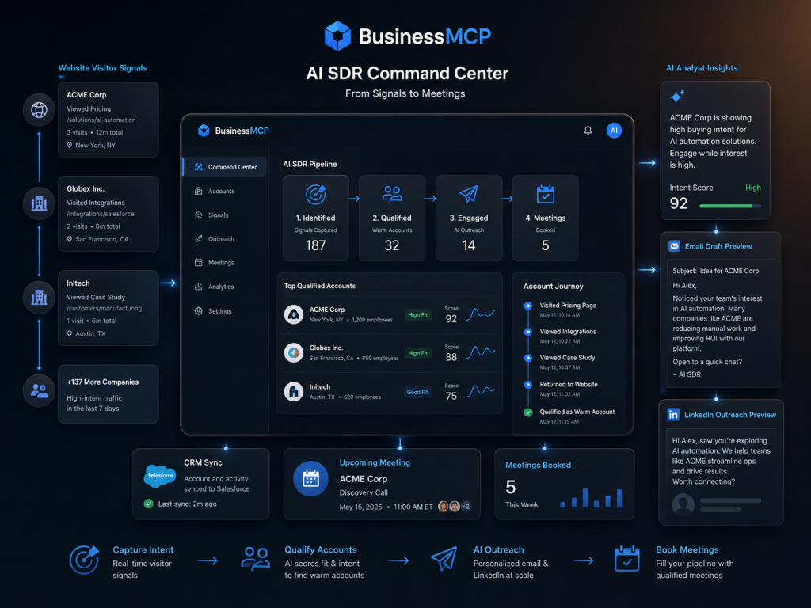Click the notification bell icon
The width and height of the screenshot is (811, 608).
(588, 131)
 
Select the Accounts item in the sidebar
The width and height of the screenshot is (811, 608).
(222, 192)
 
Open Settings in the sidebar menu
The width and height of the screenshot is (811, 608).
(220, 311)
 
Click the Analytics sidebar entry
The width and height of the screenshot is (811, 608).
(221, 287)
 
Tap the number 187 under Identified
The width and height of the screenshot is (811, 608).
(315, 245)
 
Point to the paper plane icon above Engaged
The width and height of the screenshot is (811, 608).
(469, 194)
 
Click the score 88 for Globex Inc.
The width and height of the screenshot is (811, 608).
(451, 357)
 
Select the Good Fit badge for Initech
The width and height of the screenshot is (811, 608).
(417, 393)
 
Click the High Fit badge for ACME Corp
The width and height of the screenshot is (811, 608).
(417, 315)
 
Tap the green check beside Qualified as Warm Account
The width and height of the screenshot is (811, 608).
(528, 412)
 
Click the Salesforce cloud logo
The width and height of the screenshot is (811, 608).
(159, 476)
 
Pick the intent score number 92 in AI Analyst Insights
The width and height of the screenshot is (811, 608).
(679, 203)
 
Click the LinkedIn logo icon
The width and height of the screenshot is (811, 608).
(673, 415)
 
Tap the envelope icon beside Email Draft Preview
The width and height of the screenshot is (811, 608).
(675, 246)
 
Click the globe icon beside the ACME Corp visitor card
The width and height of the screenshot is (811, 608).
(40, 110)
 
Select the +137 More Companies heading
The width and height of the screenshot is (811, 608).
(102, 382)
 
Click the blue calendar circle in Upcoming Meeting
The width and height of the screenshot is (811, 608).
(310, 479)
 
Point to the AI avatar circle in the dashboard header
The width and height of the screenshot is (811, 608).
(614, 131)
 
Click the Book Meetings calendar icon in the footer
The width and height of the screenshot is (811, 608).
(627, 559)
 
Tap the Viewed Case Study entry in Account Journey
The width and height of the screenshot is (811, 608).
(567, 358)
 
